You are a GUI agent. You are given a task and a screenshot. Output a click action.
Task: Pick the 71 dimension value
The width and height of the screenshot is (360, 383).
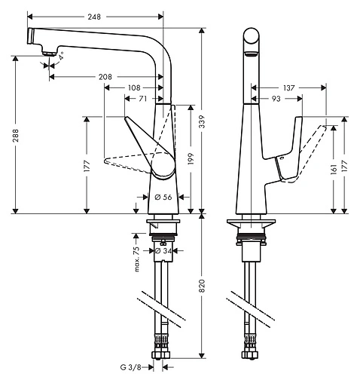pyautogui.click(x=142, y=99)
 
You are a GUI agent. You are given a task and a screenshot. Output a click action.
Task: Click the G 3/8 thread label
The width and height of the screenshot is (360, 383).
pyautogui.click(x=130, y=367)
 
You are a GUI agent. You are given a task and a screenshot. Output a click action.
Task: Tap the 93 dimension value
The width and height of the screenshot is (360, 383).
pyautogui.click(x=277, y=99)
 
